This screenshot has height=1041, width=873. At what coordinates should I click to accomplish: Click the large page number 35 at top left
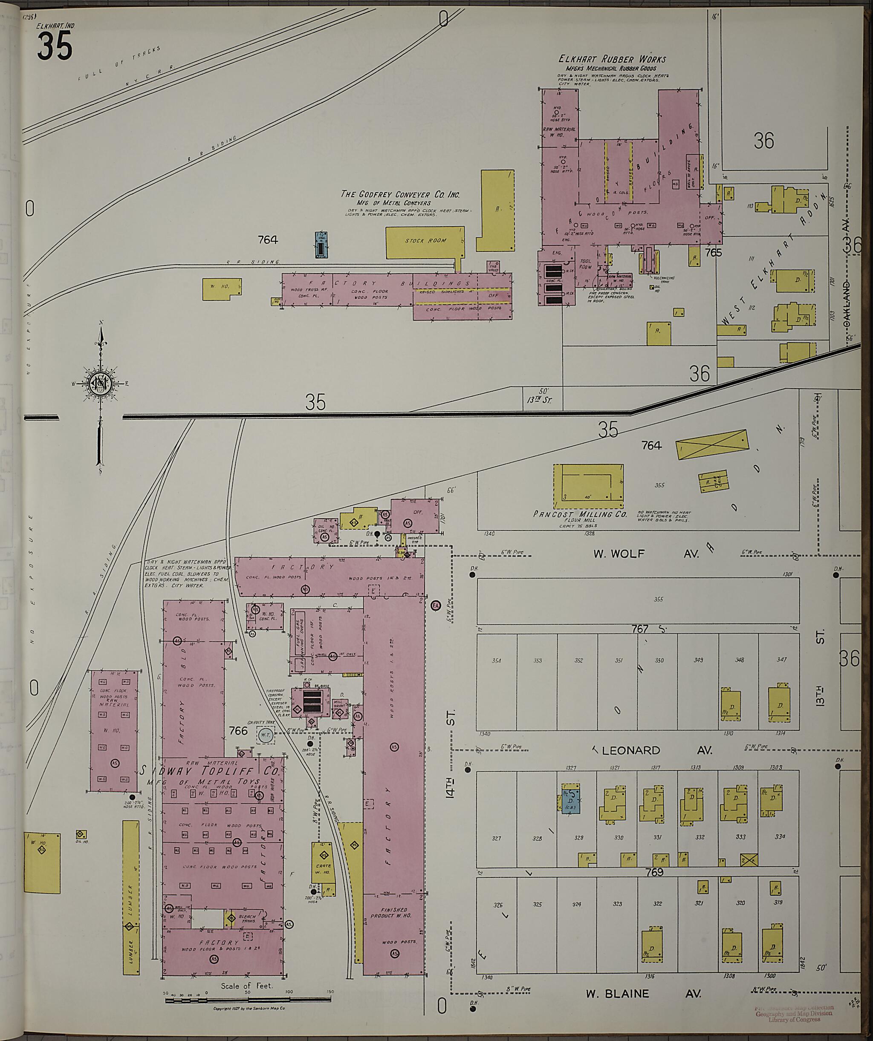55,46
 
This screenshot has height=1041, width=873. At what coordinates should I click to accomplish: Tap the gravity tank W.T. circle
266,735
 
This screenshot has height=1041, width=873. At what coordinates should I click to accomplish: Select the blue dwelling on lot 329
570,802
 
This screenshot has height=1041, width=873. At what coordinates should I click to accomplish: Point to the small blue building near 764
322,245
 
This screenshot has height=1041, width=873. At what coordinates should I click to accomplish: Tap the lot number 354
497,661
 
